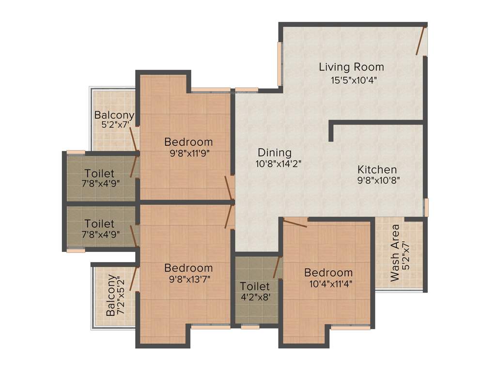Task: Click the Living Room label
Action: [x=351, y=67]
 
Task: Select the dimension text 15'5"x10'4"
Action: [x=351, y=80]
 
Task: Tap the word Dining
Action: [x=274, y=152]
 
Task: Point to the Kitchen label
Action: [x=377, y=170]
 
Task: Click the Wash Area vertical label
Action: [x=395, y=252]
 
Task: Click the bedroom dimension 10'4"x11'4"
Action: [x=328, y=284]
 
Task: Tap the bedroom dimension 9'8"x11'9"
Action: [x=188, y=154]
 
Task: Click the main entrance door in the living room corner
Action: [x=420, y=41]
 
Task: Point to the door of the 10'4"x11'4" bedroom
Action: [x=295, y=223]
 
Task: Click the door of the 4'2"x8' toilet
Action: [x=278, y=267]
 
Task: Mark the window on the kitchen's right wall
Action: [x=426, y=207]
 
